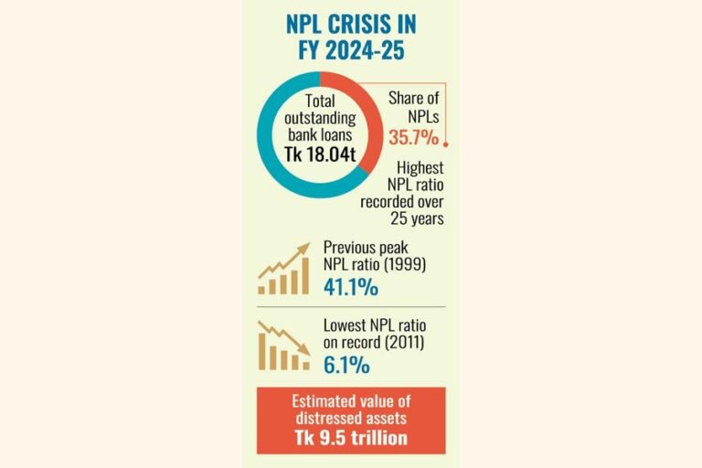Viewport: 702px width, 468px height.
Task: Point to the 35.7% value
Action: pyautogui.click(x=412, y=138)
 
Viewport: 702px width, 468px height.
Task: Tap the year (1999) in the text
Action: pyautogui.click(x=402, y=267)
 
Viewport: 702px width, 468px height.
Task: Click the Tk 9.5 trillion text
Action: pyautogui.click(x=352, y=438)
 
